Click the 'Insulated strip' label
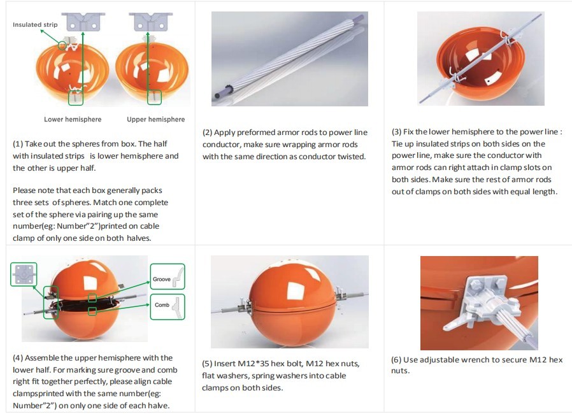pos(35,25)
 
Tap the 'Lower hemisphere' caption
pos(73,119)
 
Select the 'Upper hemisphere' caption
pos(156,119)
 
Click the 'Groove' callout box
pos(168,277)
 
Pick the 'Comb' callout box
pos(168,307)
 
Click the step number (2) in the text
pos(207,132)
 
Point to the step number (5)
pos(207,364)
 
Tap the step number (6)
pos(396,360)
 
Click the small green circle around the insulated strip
pos(62,46)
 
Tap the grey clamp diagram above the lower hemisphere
pos(83,22)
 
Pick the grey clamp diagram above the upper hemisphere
pos(151,22)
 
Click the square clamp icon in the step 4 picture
pos(24,274)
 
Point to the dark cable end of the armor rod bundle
pos(217,96)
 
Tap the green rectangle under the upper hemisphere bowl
pos(154,97)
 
